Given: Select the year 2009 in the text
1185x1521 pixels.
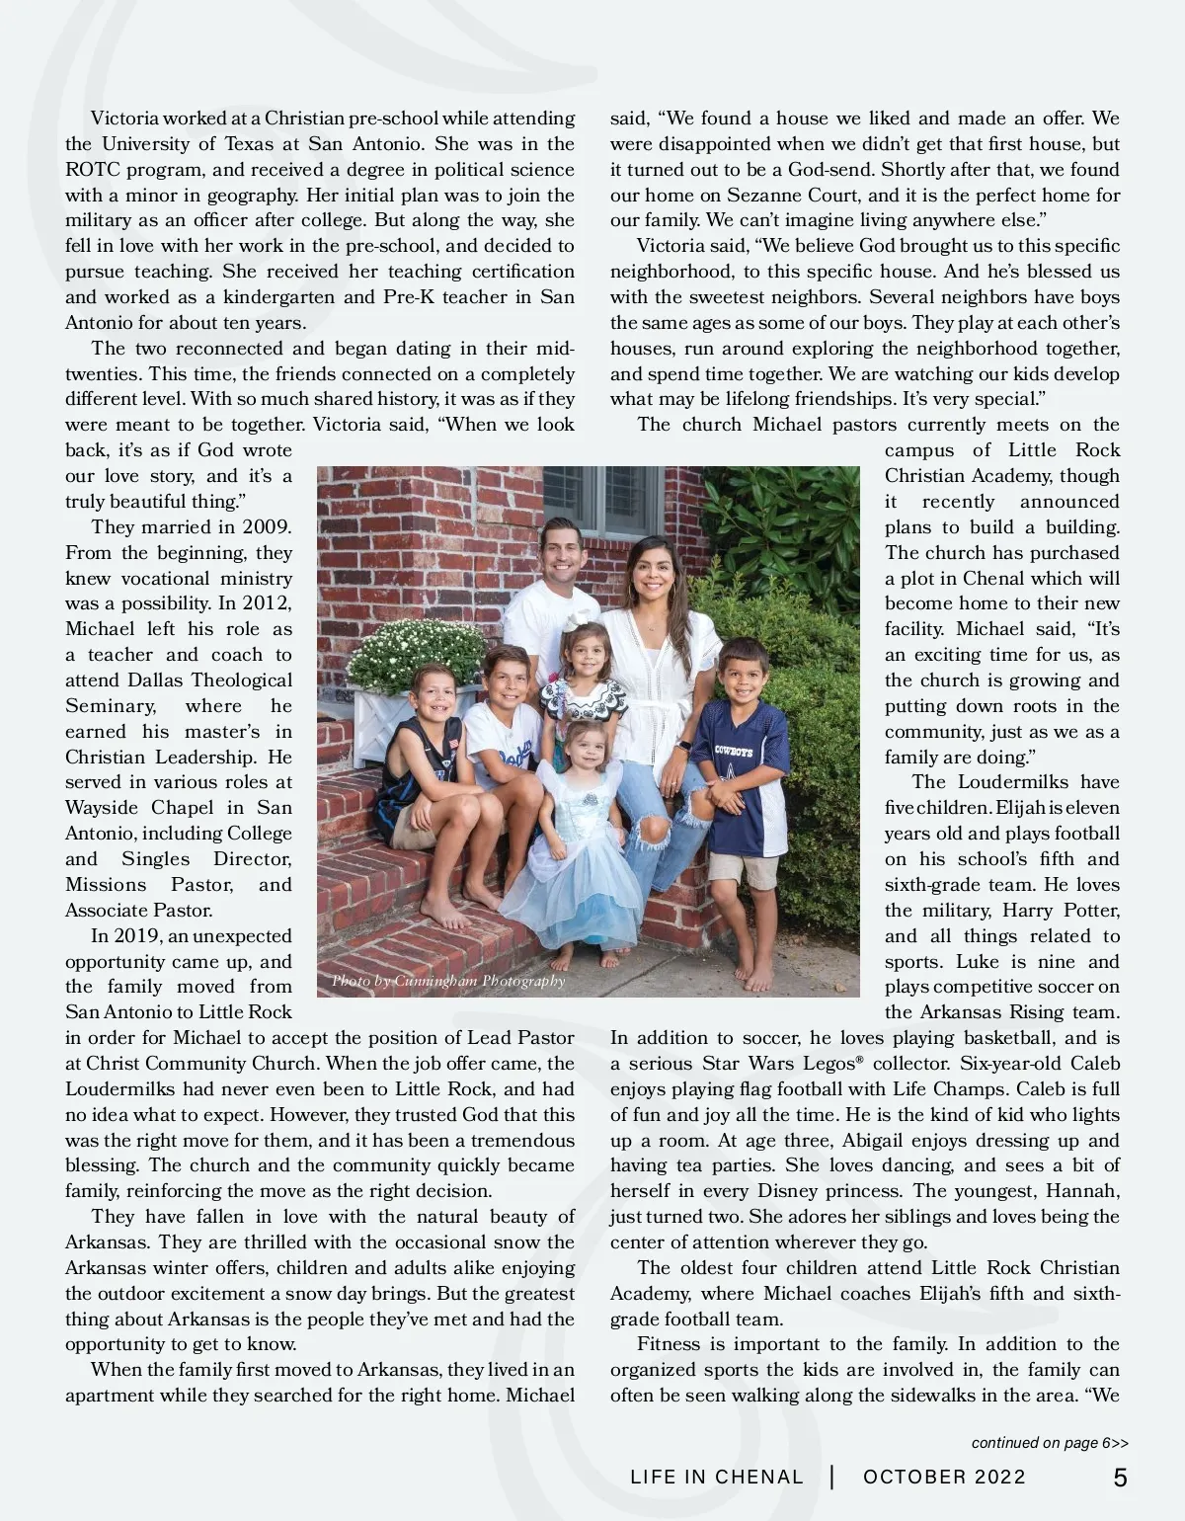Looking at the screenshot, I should (x=267, y=527).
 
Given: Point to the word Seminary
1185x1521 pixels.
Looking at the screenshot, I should (x=111, y=706).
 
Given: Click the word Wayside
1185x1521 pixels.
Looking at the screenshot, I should (x=105, y=808).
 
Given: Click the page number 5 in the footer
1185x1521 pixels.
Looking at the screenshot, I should (x=1120, y=1478).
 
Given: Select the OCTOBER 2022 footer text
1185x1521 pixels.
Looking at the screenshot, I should (x=944, y=1478).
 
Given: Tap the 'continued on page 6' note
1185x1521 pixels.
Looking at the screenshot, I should (x=1049, y=1443).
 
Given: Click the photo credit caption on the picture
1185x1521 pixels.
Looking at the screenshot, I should (x=448, y=981).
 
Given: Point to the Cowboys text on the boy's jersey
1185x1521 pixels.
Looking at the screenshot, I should (x=734, y=752).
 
